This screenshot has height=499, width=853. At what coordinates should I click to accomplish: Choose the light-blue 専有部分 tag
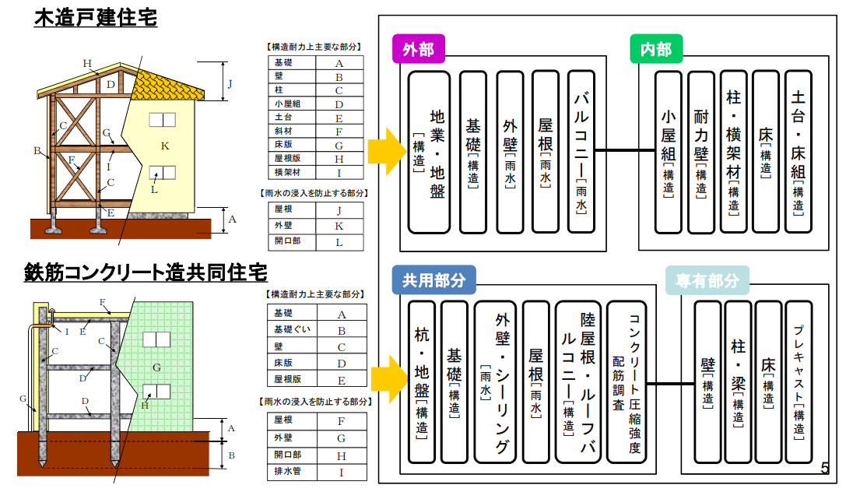click(707, 280)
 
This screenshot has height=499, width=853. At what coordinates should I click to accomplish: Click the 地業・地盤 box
click(429, 152)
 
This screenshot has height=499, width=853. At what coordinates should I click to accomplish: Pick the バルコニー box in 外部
click(581, 152)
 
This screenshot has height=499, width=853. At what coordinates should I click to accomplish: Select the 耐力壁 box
click(701, 152)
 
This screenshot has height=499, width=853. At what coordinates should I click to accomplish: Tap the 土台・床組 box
click(798, 152)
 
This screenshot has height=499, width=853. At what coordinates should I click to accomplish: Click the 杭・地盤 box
click(422, 381)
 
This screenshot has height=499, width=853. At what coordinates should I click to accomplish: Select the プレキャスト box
click(798, 381)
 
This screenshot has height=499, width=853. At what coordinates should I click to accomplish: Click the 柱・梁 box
click(738, 381)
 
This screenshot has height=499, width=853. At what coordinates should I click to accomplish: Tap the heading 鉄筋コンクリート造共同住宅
click(146, 274)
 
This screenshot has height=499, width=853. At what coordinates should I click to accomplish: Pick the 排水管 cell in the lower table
click(291, 472)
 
